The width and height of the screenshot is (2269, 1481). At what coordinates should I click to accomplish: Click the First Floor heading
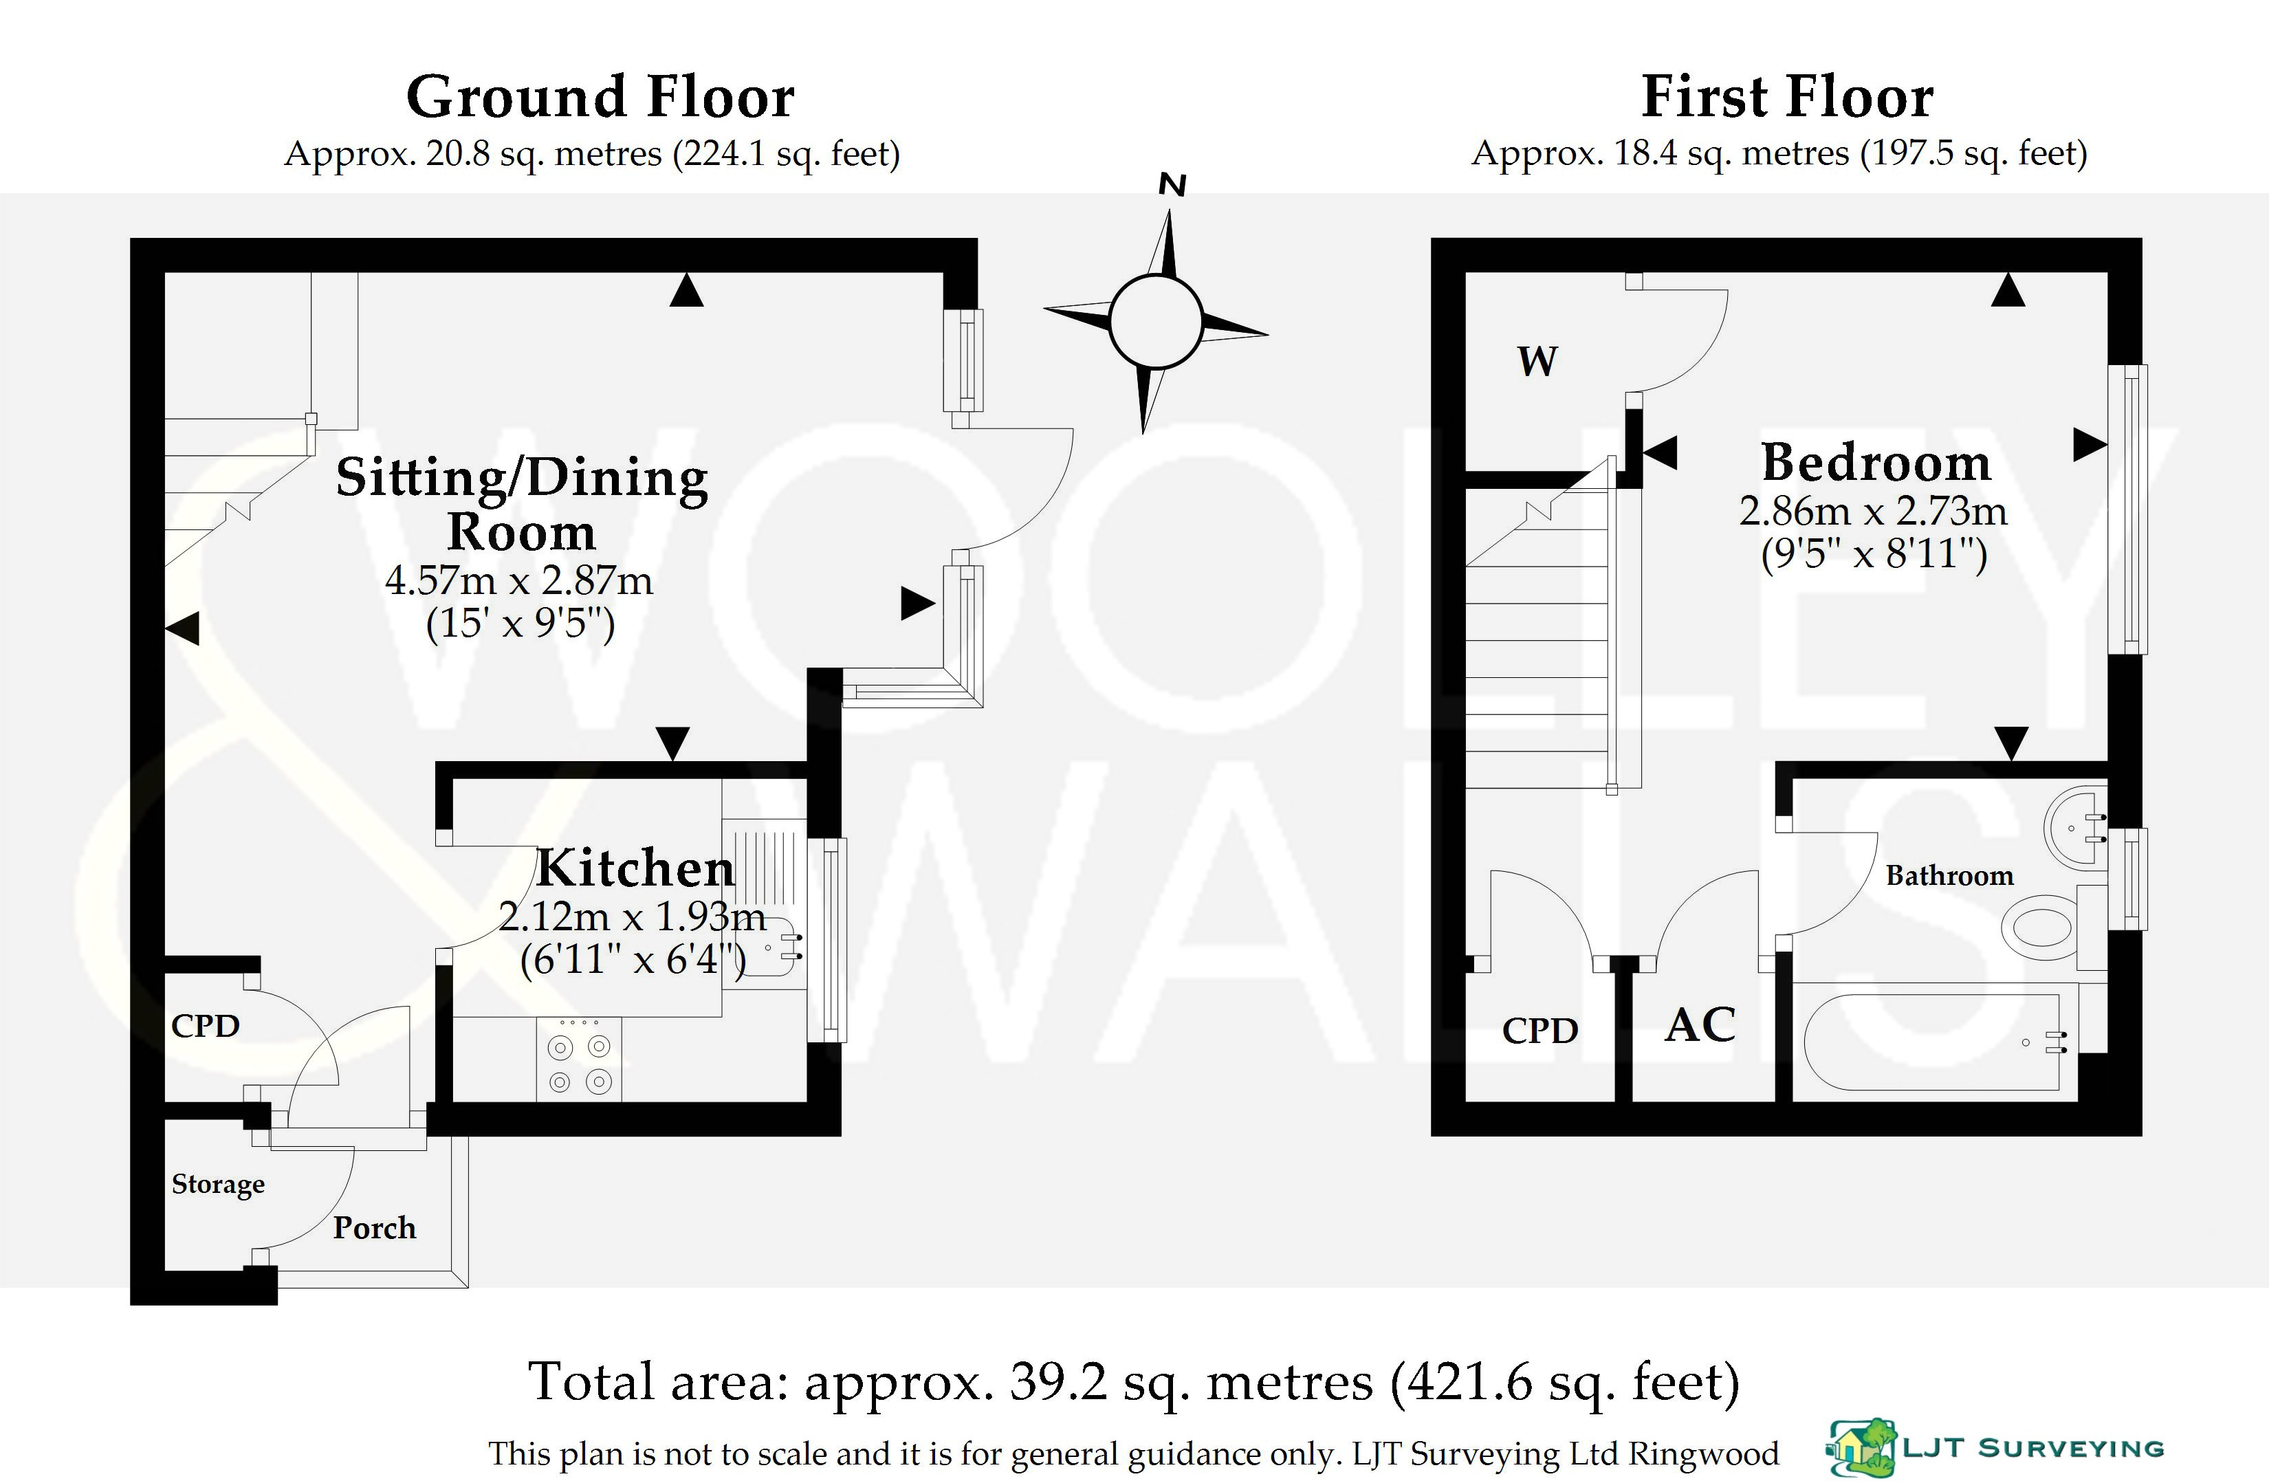point(1788,96)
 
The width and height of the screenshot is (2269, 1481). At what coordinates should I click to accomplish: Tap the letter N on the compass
point(1172,185)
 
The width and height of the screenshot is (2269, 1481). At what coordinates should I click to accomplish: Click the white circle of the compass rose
point(1156,321)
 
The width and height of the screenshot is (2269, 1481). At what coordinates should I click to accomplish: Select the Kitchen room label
point(636,867)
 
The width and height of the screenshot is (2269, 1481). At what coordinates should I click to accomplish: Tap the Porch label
point(375,1227)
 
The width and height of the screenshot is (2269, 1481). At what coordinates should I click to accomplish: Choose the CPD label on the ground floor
point(205,1025)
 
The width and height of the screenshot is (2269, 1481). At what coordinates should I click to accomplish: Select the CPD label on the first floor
point(1539,1030)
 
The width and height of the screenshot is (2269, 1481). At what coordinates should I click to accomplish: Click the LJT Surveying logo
point(1995,1447)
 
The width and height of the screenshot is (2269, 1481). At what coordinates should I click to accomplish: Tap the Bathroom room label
point(1950,875)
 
